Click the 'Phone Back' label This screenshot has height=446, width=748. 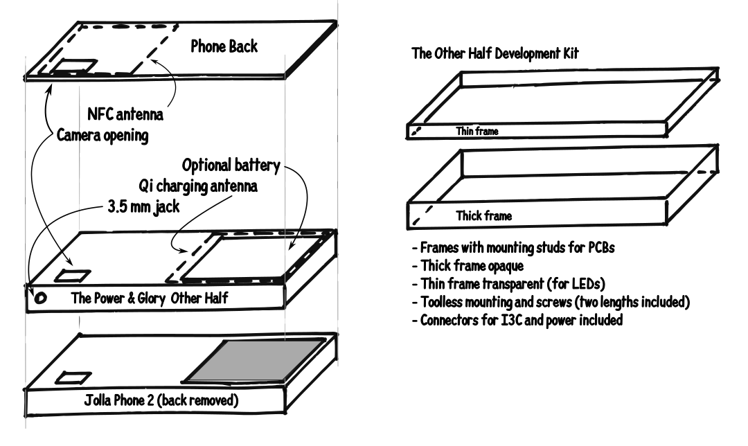click(224, 47)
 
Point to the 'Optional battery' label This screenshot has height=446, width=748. click(231, 166)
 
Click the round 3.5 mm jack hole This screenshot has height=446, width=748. click(40, 298)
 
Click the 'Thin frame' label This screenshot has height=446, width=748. click(477, 130)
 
